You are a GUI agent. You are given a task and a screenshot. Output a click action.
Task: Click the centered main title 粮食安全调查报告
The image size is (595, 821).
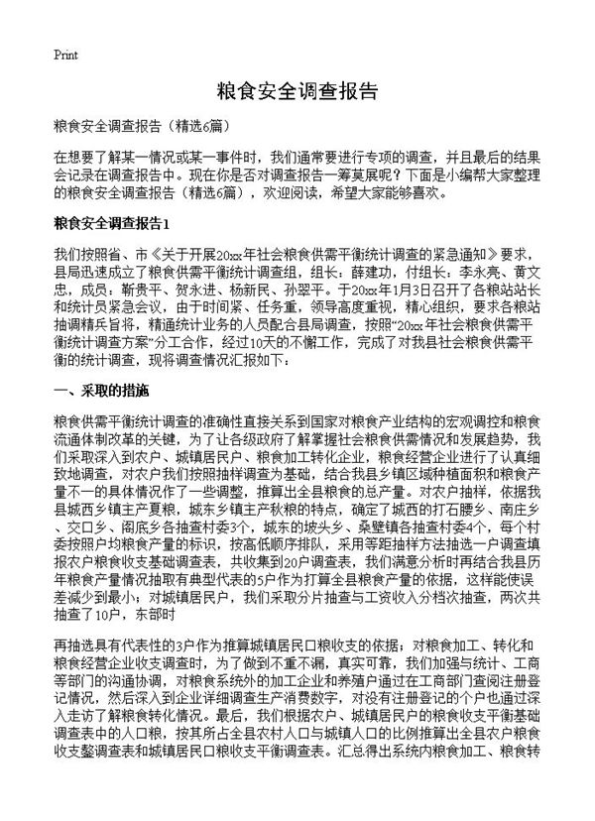297,92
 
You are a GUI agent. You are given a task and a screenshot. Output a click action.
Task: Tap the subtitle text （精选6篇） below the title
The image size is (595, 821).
189,128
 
